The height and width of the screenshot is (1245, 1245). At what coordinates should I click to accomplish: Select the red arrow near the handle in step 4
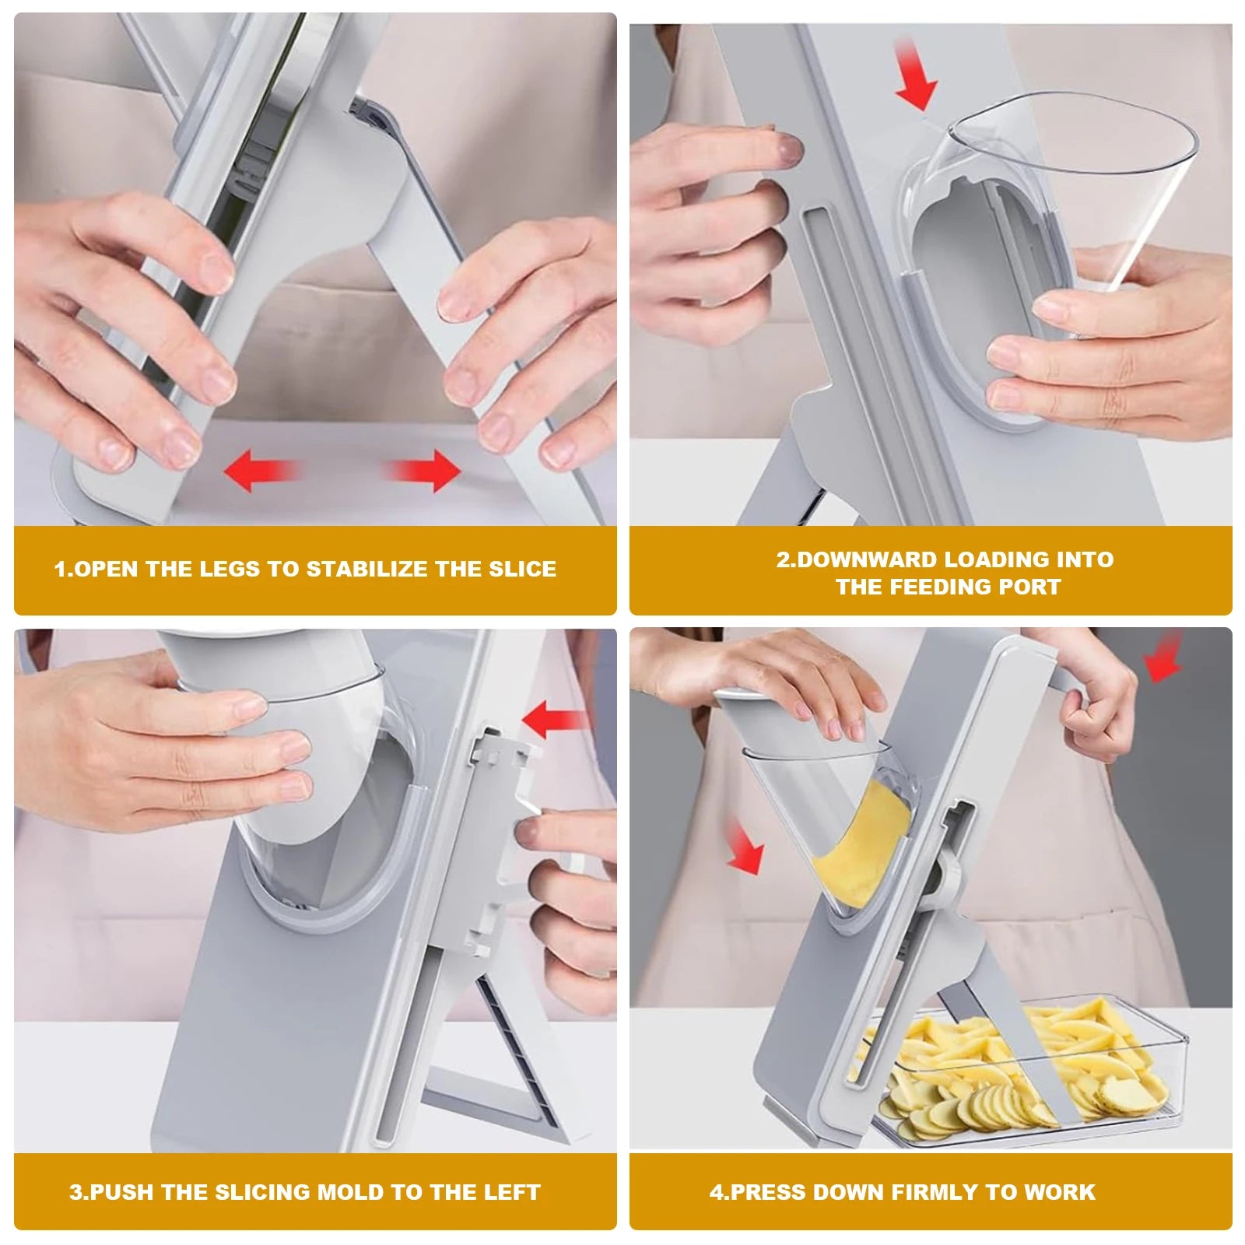[1164, 658]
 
